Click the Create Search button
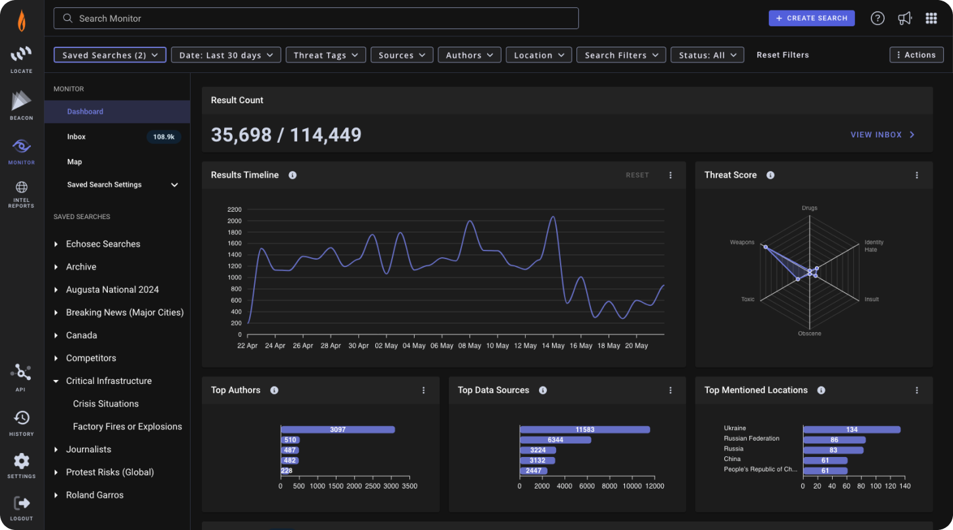[811, 18]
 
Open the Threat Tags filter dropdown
[326, 55]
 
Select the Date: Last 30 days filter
[225, 55]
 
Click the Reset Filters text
[782, 55]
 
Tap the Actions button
[916, 55]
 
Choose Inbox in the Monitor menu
[76, 137]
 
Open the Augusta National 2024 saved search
[112, 289]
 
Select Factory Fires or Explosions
[128, 427]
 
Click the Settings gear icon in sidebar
[22, 461]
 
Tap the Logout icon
[22, 503]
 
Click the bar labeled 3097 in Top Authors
[338, 429]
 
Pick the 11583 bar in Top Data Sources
[584, 429]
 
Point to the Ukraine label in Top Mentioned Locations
[735, 428]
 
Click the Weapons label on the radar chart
[742, 243]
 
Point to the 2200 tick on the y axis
[235, 209]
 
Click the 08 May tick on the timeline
[469, 346]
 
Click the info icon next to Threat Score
[770, 175]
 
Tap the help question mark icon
[877, 18]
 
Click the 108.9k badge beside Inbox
[164, 137]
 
